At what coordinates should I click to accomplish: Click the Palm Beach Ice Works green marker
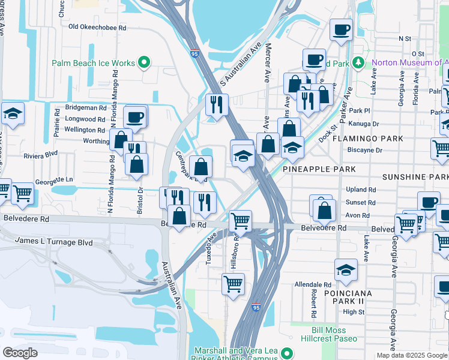[144, 62]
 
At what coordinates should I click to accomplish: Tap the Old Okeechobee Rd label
[97, 27]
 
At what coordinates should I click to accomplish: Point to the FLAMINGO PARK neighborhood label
[370, 139]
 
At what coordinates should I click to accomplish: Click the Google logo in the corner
[20, 353]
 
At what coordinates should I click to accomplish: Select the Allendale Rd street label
[313, 284]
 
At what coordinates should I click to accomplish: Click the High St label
[354, 312]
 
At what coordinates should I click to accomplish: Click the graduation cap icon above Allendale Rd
[346, 270]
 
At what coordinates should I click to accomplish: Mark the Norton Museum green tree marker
[358, 62]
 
